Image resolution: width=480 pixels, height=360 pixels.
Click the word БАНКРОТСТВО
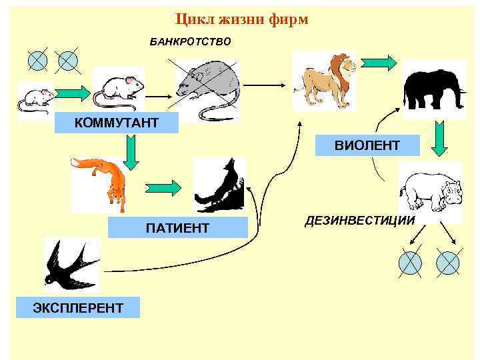click(191, 42)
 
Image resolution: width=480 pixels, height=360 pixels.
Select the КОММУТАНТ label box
click(117, 123)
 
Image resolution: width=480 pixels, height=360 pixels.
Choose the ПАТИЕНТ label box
click(177, 229)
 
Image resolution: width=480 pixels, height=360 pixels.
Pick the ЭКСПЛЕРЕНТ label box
click(79, 307)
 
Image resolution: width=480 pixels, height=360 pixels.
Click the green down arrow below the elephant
click(437, 137)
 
